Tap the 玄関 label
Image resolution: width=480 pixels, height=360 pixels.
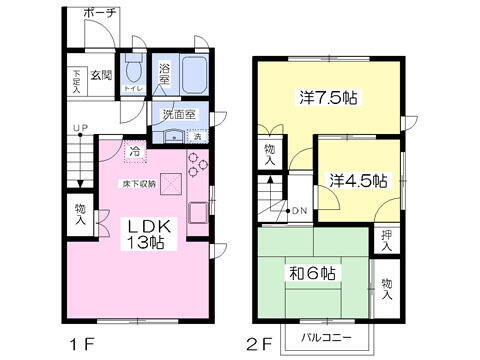tap(100, 76)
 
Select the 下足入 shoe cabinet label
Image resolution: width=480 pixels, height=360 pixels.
tap(76, 76)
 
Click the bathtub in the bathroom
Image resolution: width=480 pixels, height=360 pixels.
tap(193, 71)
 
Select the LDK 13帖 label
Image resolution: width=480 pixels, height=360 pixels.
tap(149, 236)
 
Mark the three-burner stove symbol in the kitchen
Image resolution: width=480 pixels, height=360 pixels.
tap(196, 164)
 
